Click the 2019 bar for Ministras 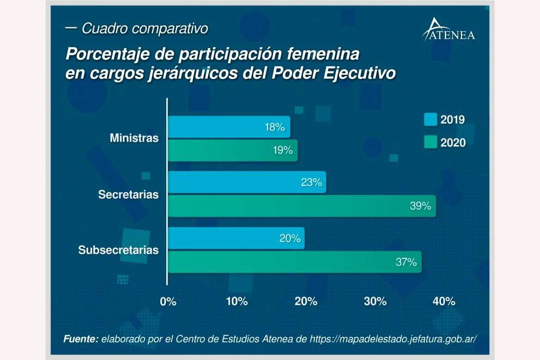[x=229, y=127]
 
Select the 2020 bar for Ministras [x=232, y=151]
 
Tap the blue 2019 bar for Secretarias [x=247, y=182]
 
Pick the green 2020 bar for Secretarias [x=301, y=206]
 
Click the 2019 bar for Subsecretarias [x=236, y=238]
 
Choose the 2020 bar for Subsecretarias [x=294, y=262]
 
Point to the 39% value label [x=420, y=206]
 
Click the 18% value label [x=274, y=127]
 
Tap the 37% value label [x=406, y=262]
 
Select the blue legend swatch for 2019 [x=431, y=119]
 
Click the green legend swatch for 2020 [x=431, y=142]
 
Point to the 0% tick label [x=168, y=302]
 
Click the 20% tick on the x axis [x=306, y=302]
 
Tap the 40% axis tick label [x=444, y=302]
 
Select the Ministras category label [x=134, y=138]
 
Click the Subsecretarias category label [x=118, y=250]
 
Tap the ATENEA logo [x=449, y=30]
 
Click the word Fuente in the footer [x=81, y=339]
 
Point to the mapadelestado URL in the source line [x=393, y=339]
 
